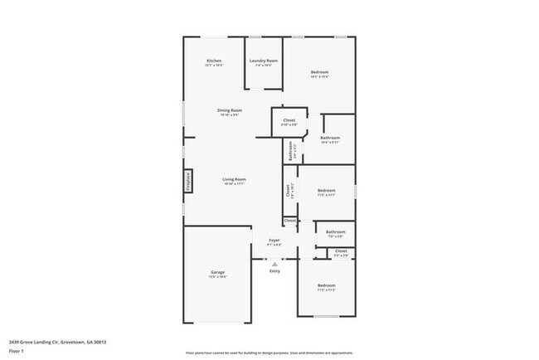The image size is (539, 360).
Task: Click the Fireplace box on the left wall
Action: pos(187,181)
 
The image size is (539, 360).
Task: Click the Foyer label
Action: pos(274,241)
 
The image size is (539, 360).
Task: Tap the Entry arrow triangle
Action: pos(274,263)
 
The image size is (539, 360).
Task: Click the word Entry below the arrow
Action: pos(274,270)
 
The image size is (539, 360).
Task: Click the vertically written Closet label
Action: pos(289,189)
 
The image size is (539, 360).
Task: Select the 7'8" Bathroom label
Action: pos(335,234)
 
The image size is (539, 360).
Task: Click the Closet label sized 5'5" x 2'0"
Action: pos(341,252)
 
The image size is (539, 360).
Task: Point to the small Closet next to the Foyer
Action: pos(289,221)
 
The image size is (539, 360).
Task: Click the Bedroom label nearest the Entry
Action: pos(326,287)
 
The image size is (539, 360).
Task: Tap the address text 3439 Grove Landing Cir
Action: pos(57,342)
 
